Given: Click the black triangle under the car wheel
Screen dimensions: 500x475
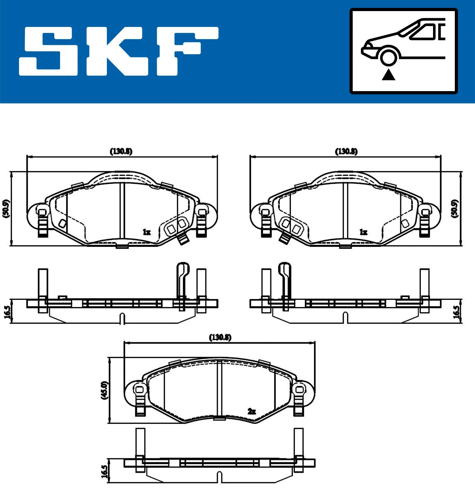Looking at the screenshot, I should [389, 74].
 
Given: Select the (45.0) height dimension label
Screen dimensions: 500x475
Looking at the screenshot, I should [104, 390].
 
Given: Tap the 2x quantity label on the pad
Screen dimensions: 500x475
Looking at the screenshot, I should [252, 411].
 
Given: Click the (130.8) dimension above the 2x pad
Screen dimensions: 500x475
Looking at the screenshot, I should [220, 337].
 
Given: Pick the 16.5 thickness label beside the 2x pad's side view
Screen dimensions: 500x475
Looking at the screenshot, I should [104, 471].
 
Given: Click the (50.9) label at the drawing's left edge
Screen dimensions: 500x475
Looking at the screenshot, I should [6, 208].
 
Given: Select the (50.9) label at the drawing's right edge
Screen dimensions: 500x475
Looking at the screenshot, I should [455, 208].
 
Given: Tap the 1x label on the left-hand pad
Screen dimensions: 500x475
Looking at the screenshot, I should [146, 232].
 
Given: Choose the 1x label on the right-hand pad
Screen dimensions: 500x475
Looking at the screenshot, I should [363, 232].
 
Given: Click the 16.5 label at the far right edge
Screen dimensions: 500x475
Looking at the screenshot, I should [456, 312].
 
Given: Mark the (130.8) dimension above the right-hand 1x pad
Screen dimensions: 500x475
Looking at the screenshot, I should [346, 151].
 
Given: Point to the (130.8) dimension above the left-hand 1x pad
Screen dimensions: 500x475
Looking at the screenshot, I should [121, 151].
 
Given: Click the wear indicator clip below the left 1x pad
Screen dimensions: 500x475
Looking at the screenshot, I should [182, 239].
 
